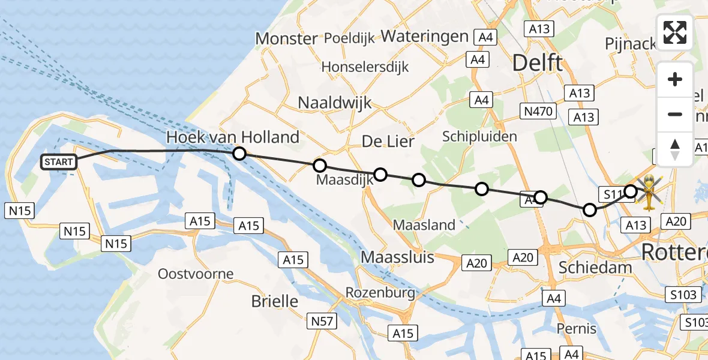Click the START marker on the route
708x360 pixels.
coord(59,161)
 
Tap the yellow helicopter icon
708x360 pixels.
coord(650,192)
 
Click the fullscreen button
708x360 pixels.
coord(675,32)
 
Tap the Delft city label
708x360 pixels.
coord(538,62)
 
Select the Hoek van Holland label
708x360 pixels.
coord(233,137)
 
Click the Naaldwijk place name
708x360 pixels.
coord(335,103)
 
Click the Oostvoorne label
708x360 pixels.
coord(195,274)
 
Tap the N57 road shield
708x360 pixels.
coord(322,322)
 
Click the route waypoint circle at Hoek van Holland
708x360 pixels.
coord(239,154)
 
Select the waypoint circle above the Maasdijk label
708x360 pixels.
coord(320,165)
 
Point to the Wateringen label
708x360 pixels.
coord(424,36)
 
